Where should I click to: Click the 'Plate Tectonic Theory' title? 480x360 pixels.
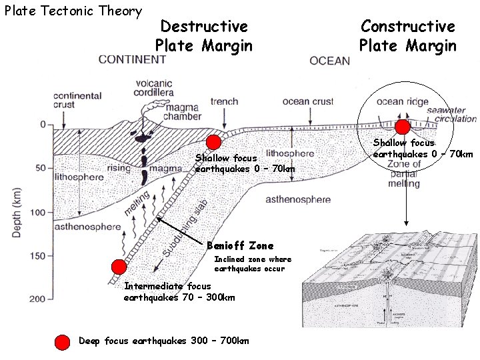73,11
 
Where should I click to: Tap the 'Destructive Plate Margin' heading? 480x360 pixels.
204,36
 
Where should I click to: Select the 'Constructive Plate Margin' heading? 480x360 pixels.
408,36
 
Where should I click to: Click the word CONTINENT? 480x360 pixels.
132,59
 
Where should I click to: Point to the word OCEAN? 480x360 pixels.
329,61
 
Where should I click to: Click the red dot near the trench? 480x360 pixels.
213,141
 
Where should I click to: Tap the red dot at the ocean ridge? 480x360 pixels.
403,127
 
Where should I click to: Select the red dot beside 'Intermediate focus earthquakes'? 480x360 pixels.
119,267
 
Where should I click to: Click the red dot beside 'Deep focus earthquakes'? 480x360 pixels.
61,342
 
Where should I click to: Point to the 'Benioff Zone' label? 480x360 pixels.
240,246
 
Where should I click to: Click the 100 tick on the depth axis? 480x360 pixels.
37,212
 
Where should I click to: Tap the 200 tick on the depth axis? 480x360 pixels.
37,299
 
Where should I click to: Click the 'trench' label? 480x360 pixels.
224,102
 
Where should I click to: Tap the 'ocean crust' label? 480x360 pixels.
307,102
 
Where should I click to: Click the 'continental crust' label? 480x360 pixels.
78,99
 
